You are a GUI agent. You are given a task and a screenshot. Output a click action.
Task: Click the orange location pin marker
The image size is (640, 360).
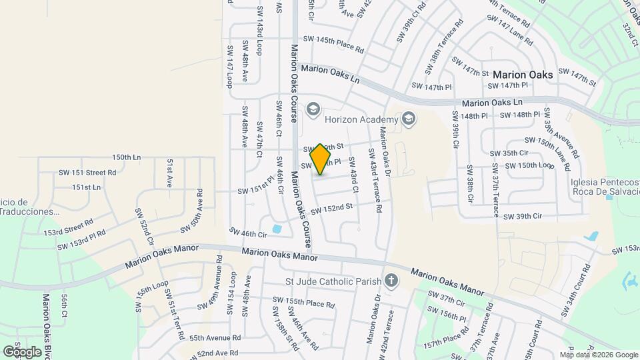pyautogui.click(x=320, y=159)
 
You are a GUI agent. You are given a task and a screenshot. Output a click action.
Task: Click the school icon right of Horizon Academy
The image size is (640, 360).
pyautogui.click(x=409, y=119)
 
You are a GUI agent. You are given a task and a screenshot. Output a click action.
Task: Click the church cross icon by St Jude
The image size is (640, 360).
pyautogui.click(x=392, y=281)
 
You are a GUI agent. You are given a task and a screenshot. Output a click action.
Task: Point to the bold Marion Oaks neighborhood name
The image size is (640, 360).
pyautogui.click(x=523, y=75)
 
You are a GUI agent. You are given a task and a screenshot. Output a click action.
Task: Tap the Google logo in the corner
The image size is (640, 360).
pyautogui.click(x=22, y=351)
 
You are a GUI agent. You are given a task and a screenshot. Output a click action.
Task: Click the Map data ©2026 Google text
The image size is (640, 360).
pyautogui.click(x=599, y=355)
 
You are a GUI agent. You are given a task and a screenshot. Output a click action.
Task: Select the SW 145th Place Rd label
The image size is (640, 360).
pyautogui.click(x=333, y=45)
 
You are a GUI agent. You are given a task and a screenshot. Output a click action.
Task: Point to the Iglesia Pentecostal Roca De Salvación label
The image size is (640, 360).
pyautogui.click(x=603, y=181)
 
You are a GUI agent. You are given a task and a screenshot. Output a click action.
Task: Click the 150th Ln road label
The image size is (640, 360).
pyautogui.click(x=127, y=157)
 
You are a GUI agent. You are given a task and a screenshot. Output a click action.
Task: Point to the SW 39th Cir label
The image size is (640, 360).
pyautogui.click(x=524, y=217)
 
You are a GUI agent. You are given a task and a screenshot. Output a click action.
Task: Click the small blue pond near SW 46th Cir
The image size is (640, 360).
pyautogui.click(x=277, y=229)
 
